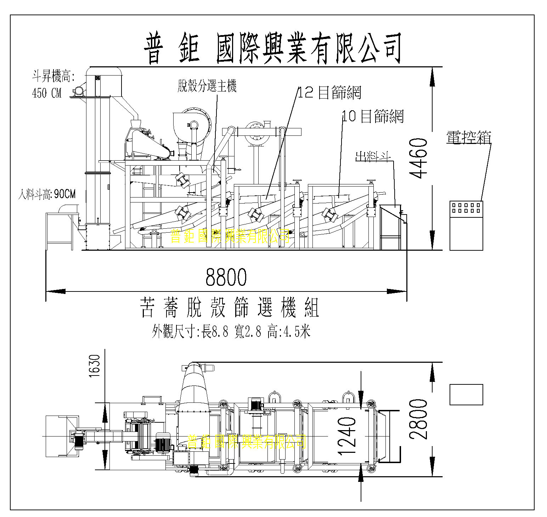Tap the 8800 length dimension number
pos(226,277)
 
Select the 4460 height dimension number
pos(418,158)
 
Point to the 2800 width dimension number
pos(418,419)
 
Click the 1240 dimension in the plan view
pos(347,436)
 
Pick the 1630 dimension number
pos(95,366)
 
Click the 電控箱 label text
pos(468,138)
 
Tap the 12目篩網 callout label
pos(329,93)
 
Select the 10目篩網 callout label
pos(373,116)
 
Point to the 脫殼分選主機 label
pos(207,86)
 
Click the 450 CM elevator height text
pos(47,93)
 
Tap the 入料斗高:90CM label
pos(47,194)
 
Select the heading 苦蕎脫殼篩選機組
pos(230,307)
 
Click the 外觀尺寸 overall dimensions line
pos(231,332)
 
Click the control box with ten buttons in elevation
pos(466,226)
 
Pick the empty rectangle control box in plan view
pos(466,394)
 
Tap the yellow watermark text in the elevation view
pos(230,236)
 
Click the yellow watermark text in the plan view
pos(246,441)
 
